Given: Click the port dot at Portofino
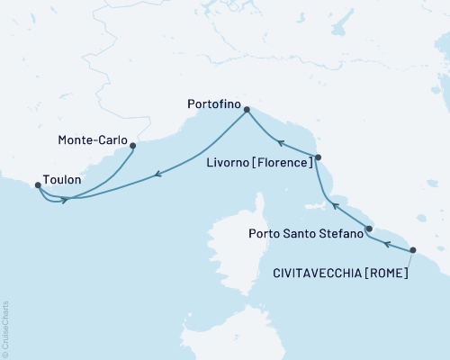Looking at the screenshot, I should (x=247, y=111).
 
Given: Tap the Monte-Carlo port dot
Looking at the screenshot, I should (x=133, y=145).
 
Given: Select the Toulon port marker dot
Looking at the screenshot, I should (x=37, y=185).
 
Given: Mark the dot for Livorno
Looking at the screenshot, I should (x=318, y=157).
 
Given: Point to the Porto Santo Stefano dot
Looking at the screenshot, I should (x=370, y=229).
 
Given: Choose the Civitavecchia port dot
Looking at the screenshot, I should (x=413, y=250).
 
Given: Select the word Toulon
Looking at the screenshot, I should (x=61, y=180).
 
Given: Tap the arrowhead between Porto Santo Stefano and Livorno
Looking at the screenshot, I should (x=335, y=206).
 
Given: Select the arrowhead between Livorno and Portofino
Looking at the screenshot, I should (x=280, y=142).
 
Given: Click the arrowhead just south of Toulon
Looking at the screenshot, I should (x=64, y=200).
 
